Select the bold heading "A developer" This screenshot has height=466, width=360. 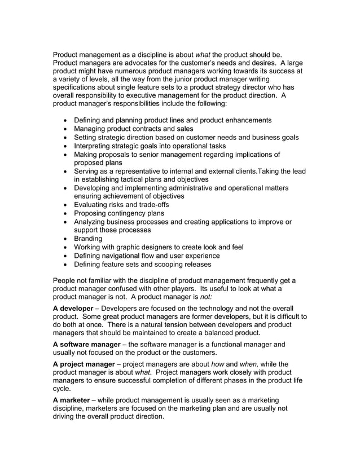point(76,309)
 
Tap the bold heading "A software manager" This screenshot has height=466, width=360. point(86,344)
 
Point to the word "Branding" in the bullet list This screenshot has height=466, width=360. point(88,239)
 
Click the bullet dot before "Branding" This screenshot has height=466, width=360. point(68,239)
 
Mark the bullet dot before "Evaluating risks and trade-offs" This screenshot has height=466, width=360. point(68,205)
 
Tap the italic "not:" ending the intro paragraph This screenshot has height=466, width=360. point(207,297)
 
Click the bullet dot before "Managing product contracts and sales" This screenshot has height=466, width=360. point(68,129)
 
